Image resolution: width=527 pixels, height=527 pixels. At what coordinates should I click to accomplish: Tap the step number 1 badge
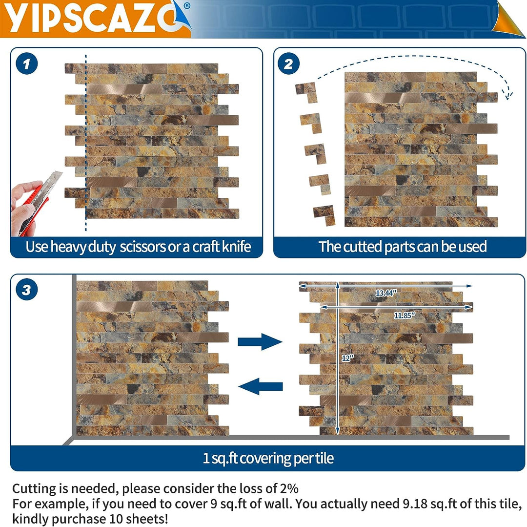[x=27, y=64]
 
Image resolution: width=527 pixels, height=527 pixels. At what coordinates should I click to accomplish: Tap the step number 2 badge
[x=289, y=64]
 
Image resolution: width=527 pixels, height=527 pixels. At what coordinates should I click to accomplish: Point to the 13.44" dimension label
[x=386, y=293]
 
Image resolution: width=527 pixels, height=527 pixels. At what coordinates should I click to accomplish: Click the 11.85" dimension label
[x=405, y=315]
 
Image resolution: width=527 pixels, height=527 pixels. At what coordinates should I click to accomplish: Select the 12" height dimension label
[x=347, y=358]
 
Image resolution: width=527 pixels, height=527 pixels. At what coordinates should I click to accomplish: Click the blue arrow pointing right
[x=260, y=341]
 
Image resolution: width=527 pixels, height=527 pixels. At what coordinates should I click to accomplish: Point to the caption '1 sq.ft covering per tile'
[x=268, y=458]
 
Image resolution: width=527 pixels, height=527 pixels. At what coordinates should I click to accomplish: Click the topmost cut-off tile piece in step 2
[x=306, y=91]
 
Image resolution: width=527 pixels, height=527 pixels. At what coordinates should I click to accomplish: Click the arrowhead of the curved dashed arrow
[x=507, y=94]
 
